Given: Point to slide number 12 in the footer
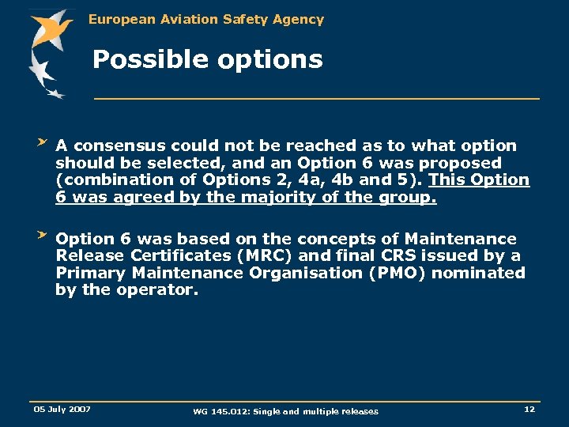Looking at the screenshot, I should [x=529, y=409].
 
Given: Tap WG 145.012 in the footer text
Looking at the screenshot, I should [x=220, y=411].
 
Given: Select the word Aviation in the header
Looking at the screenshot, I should [x=184, y=19].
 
